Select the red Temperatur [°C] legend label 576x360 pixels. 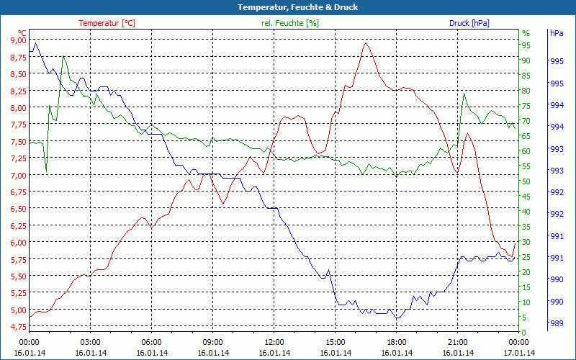107,23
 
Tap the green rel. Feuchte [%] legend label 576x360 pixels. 289,23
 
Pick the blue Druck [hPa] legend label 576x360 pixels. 469,23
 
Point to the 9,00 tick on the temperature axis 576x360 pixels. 16,40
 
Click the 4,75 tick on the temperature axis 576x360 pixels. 16,327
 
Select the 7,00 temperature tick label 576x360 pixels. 16,175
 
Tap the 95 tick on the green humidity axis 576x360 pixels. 526,45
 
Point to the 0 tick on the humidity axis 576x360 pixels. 524,332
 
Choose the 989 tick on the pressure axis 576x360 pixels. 557,324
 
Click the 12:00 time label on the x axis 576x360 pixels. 274,342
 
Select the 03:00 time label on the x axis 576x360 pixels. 90,342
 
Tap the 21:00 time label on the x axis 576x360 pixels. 458,342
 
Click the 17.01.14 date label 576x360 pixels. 519,353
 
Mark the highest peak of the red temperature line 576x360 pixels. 366,43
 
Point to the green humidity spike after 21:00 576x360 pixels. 464,94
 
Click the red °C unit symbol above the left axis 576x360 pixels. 22,33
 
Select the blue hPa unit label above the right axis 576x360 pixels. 557,33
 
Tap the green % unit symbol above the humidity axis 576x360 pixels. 526,33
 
